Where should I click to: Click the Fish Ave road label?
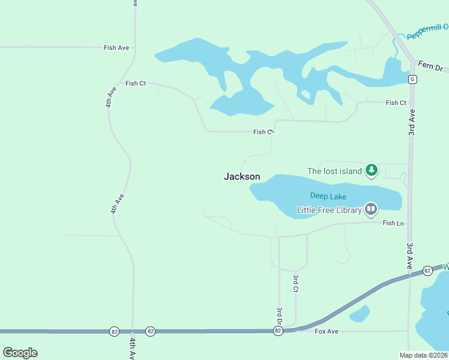(116, 47)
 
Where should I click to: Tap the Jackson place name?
(242, 176)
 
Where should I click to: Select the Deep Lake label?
(324, 195)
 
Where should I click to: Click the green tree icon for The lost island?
(372, 171)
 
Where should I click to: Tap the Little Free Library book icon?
(371, 209)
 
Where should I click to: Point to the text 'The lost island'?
(334, 171)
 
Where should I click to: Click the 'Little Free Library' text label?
(330, 210)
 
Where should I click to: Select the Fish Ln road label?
(393, 223)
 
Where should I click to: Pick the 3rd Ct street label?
(296, 283)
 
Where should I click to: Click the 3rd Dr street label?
(279, 316)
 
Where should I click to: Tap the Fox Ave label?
(327, 331)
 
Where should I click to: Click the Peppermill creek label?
(427, 32)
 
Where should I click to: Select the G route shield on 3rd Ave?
(412, 79)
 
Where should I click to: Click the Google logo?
(20, 353)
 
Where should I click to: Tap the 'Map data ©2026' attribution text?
(424, 355)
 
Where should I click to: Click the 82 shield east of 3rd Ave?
(427, 271)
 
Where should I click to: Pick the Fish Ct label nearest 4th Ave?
(136, 83)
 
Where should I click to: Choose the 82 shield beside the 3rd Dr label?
(277, 331)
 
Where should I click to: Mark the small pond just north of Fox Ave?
(359, 313)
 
